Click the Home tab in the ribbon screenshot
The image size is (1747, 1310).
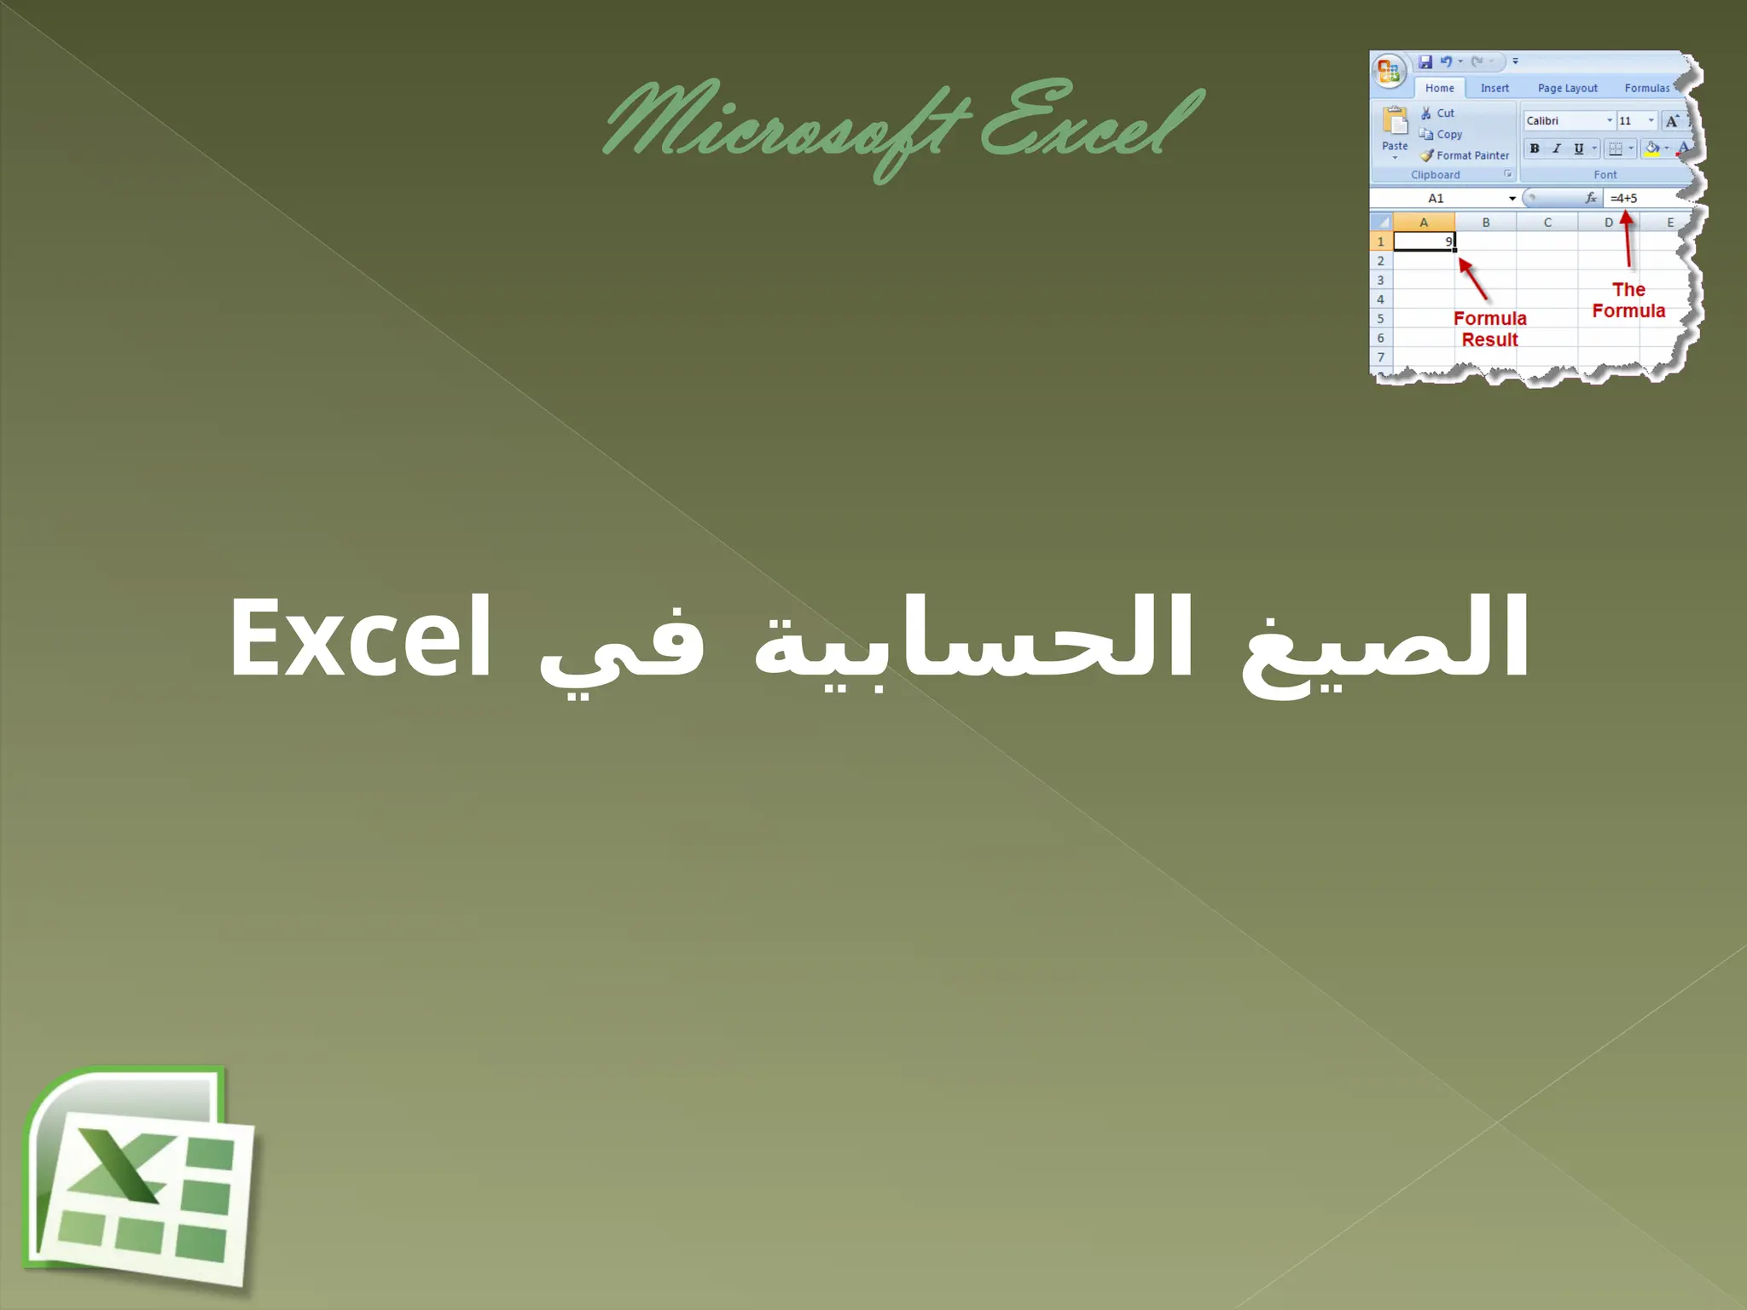[x=1439, y=88]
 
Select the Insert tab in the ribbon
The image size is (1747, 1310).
[x=1495, y=88]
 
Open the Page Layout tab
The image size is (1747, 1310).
[x=1567, y=88]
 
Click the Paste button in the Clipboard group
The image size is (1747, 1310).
[x=1395, y=131]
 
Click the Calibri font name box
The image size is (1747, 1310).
[x=1565, y=121]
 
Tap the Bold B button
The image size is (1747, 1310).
[x=1535, y=148]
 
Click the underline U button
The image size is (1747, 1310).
[x=1578, y=148]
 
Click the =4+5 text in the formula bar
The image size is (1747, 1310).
[x=1623, y=198]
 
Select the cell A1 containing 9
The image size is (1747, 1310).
[x=1424, y=242]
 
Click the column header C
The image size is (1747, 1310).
[x=1547, y=223]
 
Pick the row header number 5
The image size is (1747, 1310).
[x=1381, y=318]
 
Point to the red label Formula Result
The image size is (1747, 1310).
[x=1489, y=329]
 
